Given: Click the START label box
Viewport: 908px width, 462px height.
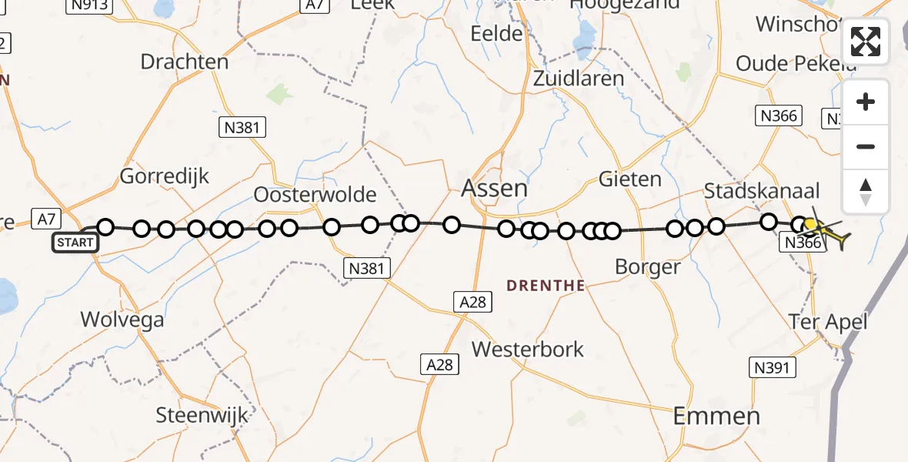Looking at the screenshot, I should pos(75,243).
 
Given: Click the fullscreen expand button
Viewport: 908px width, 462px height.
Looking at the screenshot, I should pos(866,42).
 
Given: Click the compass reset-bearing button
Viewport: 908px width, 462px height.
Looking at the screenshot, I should pos(866,192).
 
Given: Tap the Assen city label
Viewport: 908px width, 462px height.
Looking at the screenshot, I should pos(494,188).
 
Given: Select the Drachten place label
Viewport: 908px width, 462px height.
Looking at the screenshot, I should pos(185,62).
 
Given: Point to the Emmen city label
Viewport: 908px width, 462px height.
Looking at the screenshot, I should pos(716,417).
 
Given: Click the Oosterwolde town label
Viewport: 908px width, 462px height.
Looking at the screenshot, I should pos(315,194).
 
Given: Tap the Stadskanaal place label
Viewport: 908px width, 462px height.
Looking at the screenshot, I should pos(762,191).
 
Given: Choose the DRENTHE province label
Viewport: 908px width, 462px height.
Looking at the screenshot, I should pos(546,286).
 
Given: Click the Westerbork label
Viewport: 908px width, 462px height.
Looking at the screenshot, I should pos(527,349).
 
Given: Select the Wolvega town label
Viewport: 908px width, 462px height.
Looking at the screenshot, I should pos(123,320).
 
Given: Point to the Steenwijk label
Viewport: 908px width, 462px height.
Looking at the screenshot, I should pos(202,416).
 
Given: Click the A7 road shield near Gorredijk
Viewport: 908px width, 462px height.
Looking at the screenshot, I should pos(47,219).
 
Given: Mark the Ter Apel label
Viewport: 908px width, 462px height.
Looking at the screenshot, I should pos(829,321).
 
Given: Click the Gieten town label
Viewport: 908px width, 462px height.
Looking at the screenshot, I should pos(630,179).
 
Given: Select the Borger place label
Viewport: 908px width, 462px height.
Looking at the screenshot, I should pos(648,267).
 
